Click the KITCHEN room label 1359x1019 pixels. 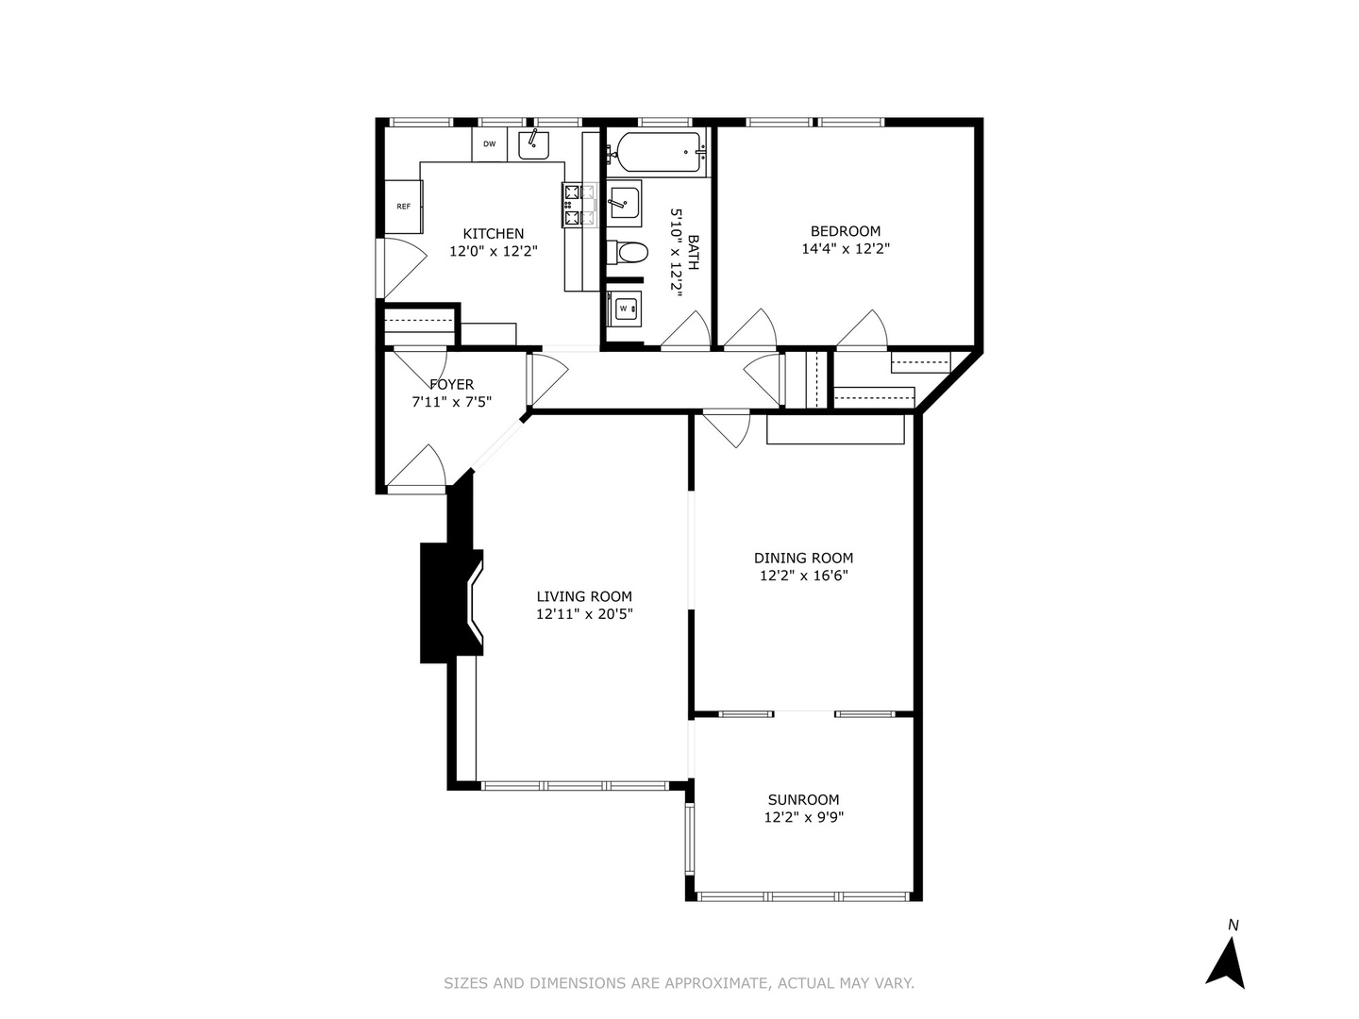pyautogui.click(x=493, y=234)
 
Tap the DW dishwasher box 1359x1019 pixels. pyautogui.click(x=489, y=144)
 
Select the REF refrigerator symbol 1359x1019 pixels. pyautogui.click(x=403, y=207)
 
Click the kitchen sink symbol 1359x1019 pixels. pyautogui.click(x=533, y=144)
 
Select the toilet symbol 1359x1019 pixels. pyautogui.click(x=628, y=253)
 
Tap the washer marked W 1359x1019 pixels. pyautogui.click(x=624, y=308)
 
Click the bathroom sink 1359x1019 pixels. pyautogui.click(x=624, y=202)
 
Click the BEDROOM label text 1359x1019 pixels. pyautogui.click(x=846, y=231)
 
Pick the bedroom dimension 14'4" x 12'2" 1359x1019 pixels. pyautogui.click(x=846, y=249)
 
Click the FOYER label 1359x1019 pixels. pyautogui.click(x=451, y=384)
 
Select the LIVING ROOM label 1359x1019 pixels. pyautogui.click(x=584, y=596)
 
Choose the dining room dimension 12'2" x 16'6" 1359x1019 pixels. pyautogui.click(x=803, y=576)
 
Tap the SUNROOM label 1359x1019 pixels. pyautogui.click(x=803, y=800)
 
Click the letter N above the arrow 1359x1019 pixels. pyautogui.click(x=1233, y=926)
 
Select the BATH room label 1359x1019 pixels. pyautogui.click(x=694, y=253)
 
